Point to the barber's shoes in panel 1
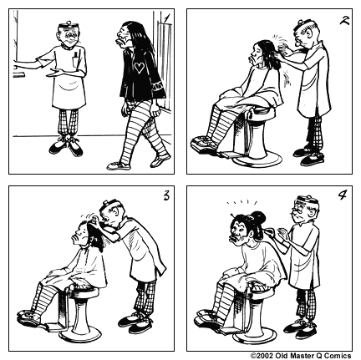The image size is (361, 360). click(66, 148)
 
